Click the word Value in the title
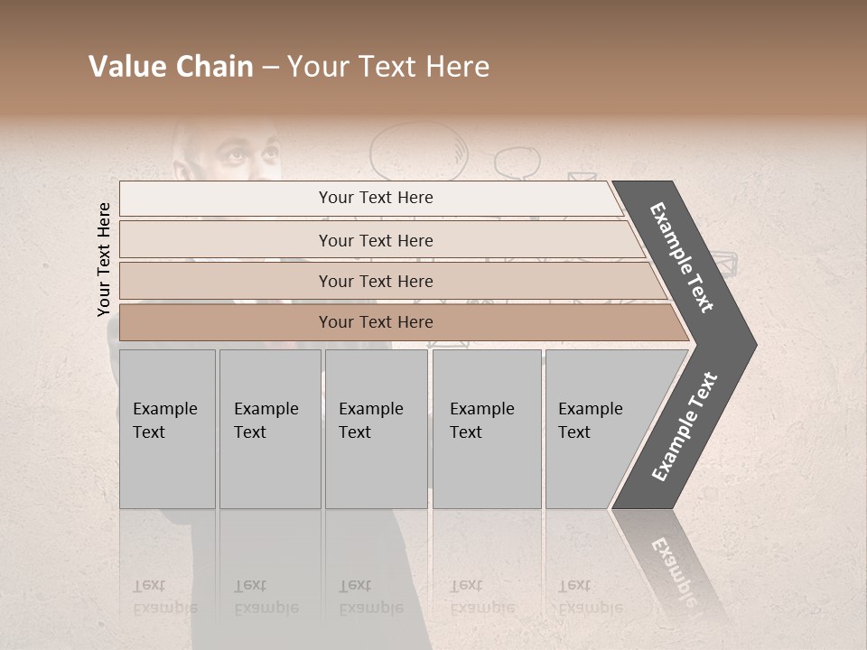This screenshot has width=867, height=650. (x=126, y=67)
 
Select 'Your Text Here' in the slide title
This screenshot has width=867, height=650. (x=388, y=67)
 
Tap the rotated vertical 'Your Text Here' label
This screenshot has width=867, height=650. (x=104, y=259)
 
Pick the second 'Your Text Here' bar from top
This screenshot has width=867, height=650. (x=376, y=240)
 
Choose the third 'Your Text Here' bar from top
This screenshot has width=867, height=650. (x=376, y=281)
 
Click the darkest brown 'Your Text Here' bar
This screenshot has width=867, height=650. (x=376, y=322)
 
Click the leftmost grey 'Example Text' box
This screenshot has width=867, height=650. (x=167, y=429)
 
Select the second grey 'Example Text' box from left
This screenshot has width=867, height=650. (x=270, y=429)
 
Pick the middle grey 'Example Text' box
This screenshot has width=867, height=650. (x=376, y=429)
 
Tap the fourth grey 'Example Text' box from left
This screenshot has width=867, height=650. (x=487, y=429)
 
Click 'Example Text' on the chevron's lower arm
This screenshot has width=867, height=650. (x=684, y=427)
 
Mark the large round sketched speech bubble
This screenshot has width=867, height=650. (x=418, y=149)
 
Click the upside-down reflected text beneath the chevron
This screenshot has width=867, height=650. (x=672, y=564)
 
